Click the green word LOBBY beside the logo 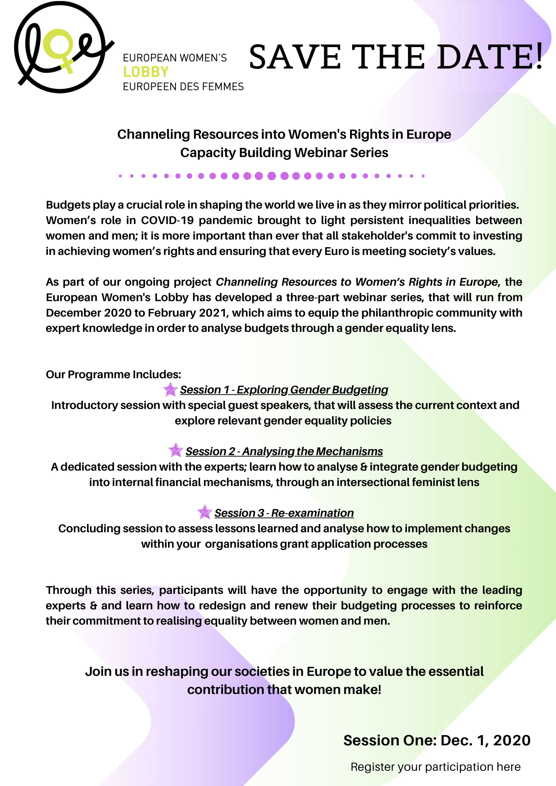pos(146,72)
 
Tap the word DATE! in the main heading pos(489,56)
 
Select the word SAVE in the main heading pos(295,56)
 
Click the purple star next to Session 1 pos(170,389)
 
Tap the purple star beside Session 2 pos(176,450)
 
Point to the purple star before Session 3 pos(204,512)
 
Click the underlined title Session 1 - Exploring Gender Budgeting pos(284,390)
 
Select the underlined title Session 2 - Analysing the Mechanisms pos(284,451)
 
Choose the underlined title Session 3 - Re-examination pos(284,513)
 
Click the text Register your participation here pos(435,767)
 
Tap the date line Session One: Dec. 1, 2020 pos(437,740)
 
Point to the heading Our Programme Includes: pos(113,374)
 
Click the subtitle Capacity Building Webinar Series pos(284,153)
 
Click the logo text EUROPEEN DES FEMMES pos(183,87)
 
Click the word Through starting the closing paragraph pos(69,590)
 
